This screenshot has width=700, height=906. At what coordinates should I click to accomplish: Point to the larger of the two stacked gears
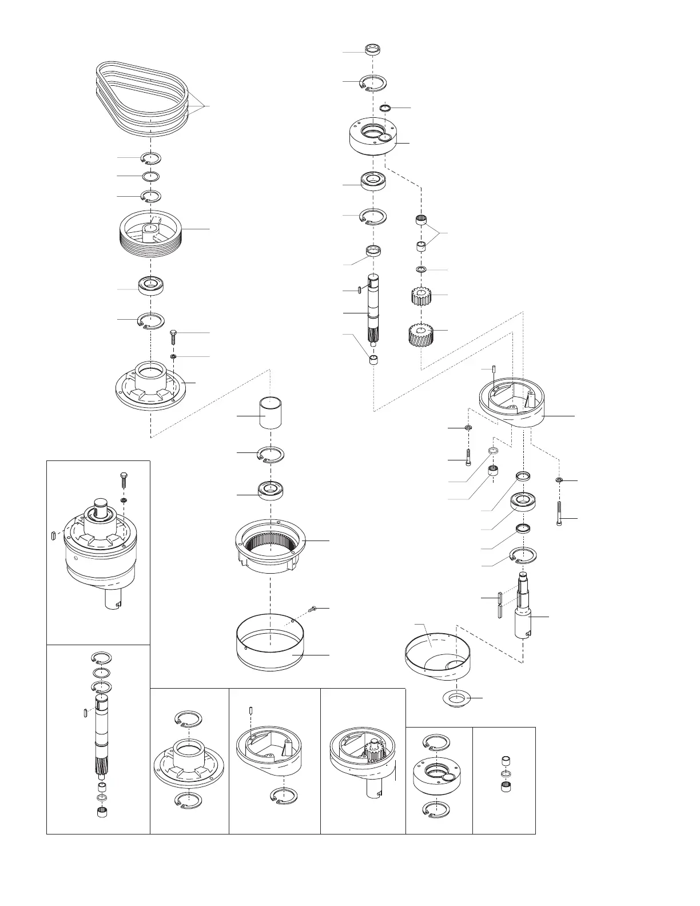point(422,334)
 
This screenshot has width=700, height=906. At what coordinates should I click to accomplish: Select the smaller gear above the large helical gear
point(422,296)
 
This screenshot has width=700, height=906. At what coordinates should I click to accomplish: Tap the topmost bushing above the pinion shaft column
point(373,49)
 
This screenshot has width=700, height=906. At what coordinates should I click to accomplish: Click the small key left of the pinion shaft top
point(358,291)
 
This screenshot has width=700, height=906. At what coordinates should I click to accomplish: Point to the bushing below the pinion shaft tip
point(373,360)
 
